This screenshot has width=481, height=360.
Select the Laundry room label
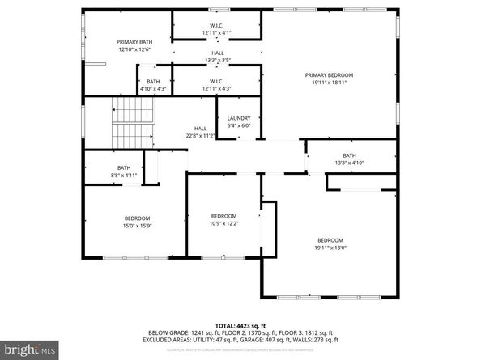(238, 118)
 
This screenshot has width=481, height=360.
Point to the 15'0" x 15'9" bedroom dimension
(137, 226)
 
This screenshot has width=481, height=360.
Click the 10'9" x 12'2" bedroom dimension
(223, 223)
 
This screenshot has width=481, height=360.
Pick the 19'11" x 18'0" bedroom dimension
(330, 248)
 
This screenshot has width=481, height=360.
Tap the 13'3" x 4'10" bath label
(349, 163)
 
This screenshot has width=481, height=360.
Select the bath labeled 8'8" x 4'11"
(123, 174)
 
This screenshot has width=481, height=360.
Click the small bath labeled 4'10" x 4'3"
(153, 89)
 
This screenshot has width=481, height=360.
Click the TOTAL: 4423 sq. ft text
(240, 324)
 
